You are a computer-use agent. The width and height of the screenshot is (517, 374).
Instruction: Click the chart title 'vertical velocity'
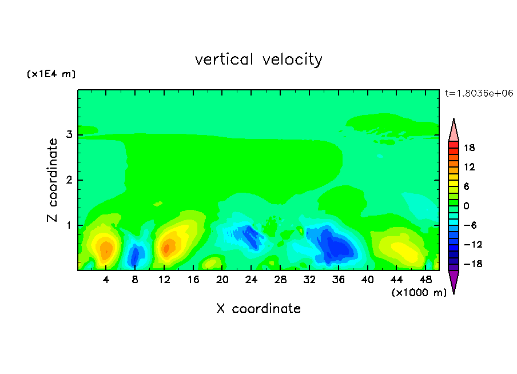[258, 59]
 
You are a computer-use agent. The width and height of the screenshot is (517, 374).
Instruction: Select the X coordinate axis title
[258, 308]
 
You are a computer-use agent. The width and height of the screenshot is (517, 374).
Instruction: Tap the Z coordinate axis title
[53, 180]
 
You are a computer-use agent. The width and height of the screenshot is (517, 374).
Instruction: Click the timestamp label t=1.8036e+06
[479, 93]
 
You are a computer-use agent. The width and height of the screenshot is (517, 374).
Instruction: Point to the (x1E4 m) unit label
[51, 74]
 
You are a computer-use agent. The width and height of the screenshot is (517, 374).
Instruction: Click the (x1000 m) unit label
[419, 292]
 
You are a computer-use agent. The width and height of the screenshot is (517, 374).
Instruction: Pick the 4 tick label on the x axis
[106, 280]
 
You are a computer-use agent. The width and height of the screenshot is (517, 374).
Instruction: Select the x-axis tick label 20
[222, 280]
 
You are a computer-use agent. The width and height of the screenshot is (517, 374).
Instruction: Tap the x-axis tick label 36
[339, 280]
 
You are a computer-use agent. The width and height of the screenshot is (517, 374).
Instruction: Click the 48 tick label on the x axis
[425, 280]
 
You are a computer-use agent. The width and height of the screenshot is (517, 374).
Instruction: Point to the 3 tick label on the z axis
[69, 134]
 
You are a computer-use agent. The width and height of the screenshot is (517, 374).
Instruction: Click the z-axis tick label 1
[69, 225]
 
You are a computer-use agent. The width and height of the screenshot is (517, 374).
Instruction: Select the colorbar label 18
[470, 148]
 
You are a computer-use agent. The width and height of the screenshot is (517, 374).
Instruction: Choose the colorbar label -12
[473, 244]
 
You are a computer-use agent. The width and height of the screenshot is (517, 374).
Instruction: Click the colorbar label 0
[466, 206]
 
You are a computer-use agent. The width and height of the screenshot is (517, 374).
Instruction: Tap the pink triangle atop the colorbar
[454, 130]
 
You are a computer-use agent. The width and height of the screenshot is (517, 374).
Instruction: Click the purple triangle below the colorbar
[454, 282]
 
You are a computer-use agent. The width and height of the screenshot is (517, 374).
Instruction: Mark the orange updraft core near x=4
[106, 250]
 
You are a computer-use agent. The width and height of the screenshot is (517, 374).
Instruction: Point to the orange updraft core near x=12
[168, 248]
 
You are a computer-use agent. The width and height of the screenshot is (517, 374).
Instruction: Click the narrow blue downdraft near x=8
[134, 256]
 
